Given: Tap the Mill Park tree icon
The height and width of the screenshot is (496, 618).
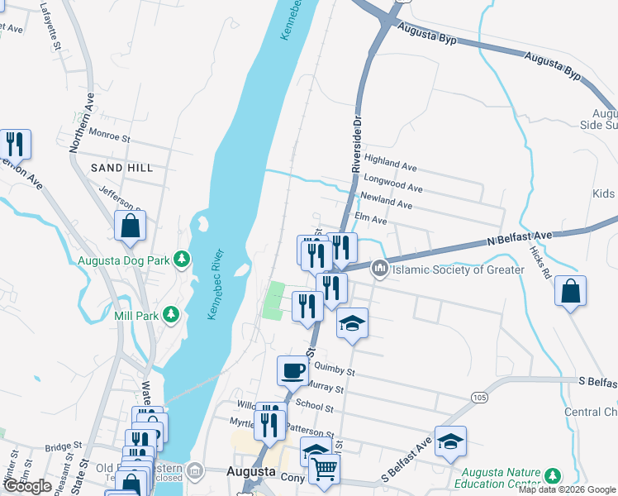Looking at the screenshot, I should (x=170, y=314).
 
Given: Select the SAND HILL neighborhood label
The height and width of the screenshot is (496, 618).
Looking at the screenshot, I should (x=122, y=168).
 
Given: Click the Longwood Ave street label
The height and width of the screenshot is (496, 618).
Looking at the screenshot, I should (x=392, y=182).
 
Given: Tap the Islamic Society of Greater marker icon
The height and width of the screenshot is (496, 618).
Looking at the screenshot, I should (x=380, y=268).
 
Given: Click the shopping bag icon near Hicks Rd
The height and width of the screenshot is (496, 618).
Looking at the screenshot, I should (x=570, y=291).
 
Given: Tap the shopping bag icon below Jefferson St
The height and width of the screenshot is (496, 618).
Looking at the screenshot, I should (x=131, y=225).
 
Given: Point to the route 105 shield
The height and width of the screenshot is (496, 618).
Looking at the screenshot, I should (x=480, y=398).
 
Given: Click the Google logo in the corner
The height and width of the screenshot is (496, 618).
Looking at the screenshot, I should (x=27, y=486).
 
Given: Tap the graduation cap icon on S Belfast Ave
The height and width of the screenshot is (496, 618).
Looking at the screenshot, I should (x=450, y=442).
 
